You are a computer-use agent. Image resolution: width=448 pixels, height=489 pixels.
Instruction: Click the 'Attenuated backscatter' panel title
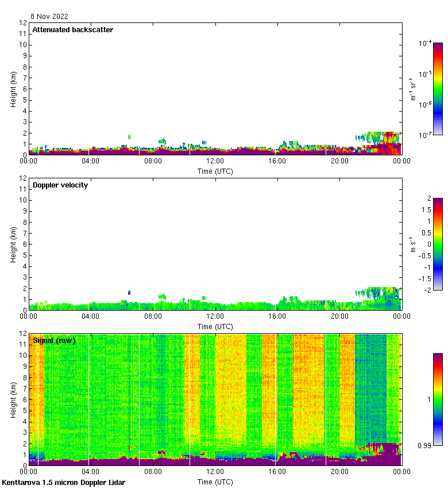click(x=72, y=29)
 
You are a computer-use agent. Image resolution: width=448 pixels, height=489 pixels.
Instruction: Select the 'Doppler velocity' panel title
click(x=60, y=185)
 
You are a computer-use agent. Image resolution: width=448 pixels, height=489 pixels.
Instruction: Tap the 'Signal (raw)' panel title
click(x=54, y=340)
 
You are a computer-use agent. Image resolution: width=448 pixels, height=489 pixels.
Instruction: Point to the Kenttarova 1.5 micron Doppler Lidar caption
click(x=63, y=482)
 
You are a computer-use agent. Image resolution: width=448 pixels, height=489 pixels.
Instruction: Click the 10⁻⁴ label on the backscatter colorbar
click(x=425, y=43)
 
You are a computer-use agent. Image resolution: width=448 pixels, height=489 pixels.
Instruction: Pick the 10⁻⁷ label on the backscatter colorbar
click(x=425, y=135)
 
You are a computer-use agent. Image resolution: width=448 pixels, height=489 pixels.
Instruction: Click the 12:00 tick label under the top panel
click(x=215, y=162)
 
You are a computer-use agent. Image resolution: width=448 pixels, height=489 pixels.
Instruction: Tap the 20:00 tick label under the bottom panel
click(x=339, y=472)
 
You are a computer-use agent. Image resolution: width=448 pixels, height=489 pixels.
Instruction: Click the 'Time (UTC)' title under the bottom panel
click(x=215, y=481)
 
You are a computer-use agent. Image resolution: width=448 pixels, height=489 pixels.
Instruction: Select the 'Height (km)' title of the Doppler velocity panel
click(x=13, y=244)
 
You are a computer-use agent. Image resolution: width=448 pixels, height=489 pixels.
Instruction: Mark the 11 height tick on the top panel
click(x=23, y=34)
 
